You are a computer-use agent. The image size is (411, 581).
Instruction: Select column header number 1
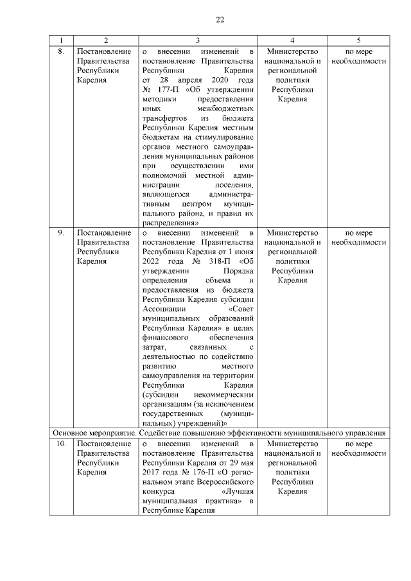pos(60,40)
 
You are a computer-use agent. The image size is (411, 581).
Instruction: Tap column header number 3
pos(198,40)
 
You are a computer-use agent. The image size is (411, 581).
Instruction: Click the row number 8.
pos(60,51)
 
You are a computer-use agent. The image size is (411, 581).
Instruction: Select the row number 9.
pos(60,233)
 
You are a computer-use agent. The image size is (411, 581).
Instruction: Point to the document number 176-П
pos(199,473)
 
